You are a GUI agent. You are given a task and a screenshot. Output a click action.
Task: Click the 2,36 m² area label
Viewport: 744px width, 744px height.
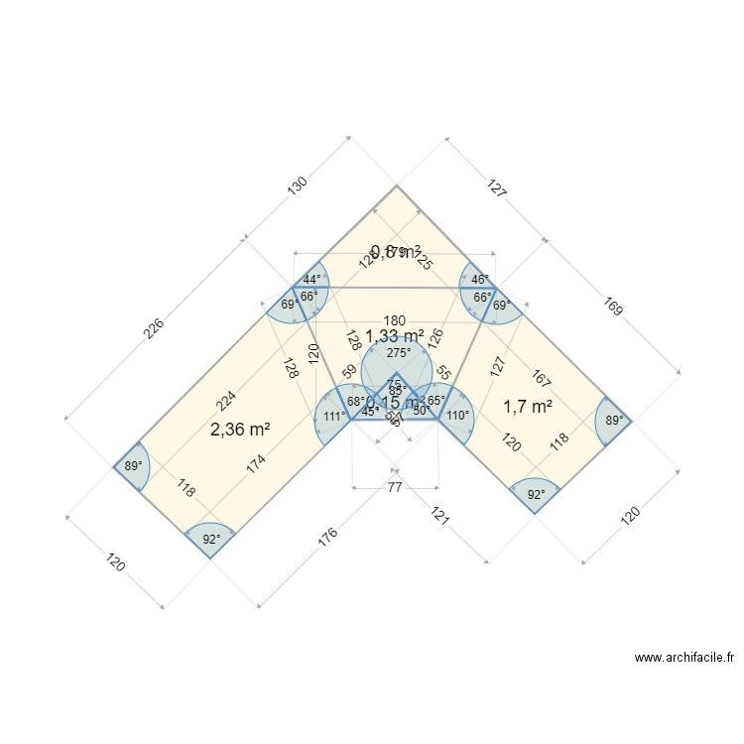[241, 430]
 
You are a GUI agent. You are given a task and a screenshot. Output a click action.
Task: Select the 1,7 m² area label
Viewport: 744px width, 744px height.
[527, 406]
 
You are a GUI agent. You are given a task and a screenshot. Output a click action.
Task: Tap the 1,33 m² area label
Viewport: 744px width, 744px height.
[395, 336]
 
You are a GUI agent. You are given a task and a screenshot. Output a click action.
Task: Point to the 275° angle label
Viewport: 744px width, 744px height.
[398, 353]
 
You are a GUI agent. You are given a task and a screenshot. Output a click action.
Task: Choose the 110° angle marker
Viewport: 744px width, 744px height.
[457, 417]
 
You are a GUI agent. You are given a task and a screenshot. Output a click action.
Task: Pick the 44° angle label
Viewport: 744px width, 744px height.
[312, 280]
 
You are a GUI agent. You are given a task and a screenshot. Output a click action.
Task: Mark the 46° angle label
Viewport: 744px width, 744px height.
[479, 280]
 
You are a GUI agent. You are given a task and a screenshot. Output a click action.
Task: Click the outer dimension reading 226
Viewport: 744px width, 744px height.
[155, 327]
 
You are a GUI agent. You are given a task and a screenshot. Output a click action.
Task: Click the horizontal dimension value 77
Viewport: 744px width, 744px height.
[395, 487]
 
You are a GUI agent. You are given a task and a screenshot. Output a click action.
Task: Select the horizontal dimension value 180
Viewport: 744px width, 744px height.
[395, 320]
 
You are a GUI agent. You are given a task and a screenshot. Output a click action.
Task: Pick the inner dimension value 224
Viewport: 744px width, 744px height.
[225, 399]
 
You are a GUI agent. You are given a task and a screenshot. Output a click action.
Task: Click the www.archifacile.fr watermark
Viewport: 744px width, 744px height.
[683, 657]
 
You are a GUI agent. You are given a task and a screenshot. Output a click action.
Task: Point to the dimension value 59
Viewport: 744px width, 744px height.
[349, 373]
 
